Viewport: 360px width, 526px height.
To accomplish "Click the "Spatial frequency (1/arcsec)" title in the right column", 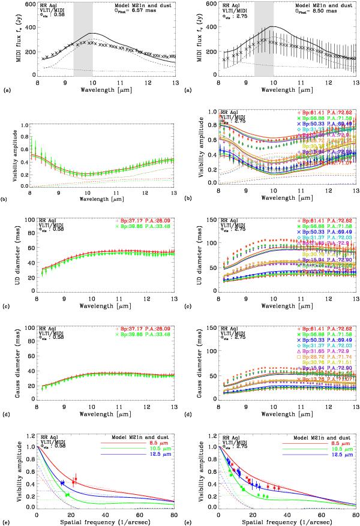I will [x=277, y=522].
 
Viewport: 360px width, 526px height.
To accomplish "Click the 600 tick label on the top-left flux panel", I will [x=29, y=4].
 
